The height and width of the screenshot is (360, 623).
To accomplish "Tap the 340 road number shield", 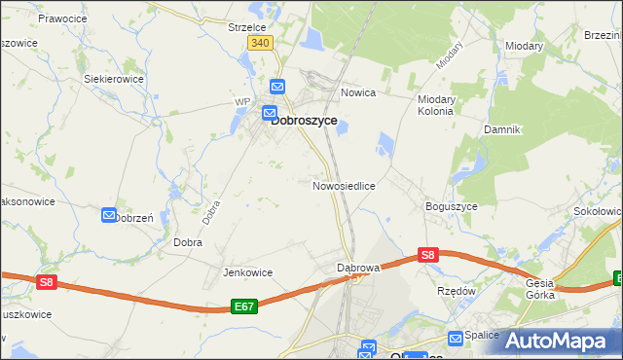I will click(x=260, y=44).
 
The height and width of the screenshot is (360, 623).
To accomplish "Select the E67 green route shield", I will click(x=245, y=307).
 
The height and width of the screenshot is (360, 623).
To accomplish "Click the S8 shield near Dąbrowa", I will click(x=427, y=255).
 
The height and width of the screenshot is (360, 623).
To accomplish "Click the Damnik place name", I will click(x=503, y=128).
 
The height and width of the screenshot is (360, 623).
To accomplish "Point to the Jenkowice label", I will click(x=247, y=272).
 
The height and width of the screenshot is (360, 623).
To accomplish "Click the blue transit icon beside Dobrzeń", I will click(x=109, y=215).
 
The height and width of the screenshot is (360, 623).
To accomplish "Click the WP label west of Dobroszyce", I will click(x=242, y=101).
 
